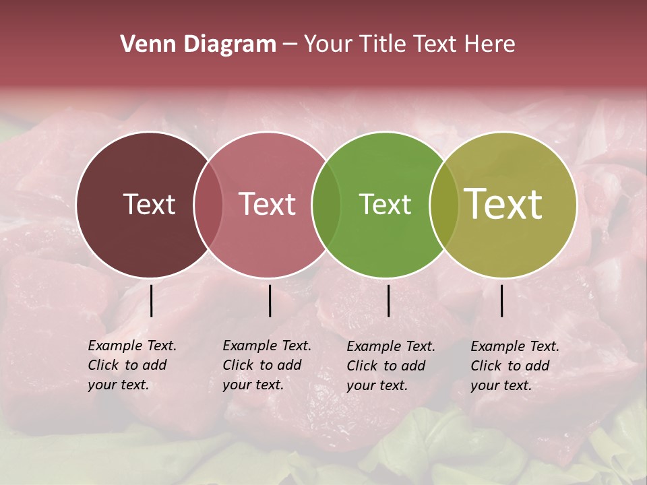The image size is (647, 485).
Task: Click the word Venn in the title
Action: [143, 44]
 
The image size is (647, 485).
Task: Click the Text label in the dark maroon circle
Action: [149, 204]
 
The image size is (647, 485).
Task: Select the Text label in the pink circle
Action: [267, 204]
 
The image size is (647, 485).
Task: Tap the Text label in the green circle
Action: [385, 204]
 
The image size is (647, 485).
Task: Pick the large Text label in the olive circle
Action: [503, 204]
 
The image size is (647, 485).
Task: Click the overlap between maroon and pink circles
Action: [208, 204]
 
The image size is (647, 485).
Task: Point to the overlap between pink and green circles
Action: [326, 204]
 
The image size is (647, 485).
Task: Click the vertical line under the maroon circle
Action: [151, 300]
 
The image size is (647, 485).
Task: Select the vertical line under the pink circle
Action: [270, 300]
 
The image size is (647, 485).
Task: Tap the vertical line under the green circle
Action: [388, 300]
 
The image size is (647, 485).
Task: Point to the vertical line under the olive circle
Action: [501, 300]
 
